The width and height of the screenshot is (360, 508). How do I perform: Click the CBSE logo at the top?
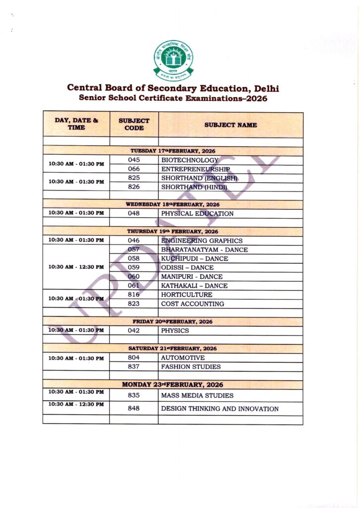[173, 60]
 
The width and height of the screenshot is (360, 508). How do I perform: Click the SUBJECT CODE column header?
[134, 124]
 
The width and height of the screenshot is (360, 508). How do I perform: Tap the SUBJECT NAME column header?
[230, 125]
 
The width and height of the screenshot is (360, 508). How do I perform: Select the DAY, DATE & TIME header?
[76, 124]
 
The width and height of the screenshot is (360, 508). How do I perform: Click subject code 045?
[134, 160]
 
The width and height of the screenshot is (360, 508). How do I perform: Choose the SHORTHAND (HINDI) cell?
[194, 187]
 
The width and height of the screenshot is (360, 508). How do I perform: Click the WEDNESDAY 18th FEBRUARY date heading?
[173, 204]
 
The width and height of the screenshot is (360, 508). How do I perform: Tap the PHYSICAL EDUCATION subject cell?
[197, 214]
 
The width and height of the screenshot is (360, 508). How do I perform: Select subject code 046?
[134, 241]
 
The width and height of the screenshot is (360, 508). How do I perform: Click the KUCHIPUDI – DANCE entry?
[195, 259]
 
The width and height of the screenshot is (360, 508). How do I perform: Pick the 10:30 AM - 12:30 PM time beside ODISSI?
[76, 267]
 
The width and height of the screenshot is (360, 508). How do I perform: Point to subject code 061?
[134, 286]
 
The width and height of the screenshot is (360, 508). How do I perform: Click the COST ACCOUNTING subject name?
[192, 304]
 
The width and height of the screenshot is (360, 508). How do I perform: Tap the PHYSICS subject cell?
[175, 330]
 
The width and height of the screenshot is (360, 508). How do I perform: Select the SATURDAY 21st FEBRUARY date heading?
[173, 348]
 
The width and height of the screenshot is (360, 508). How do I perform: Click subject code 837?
[134, 367]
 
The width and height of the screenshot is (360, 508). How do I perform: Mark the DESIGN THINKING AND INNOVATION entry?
[219, 409]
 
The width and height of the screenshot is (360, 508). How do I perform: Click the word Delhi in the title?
[266, 88]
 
